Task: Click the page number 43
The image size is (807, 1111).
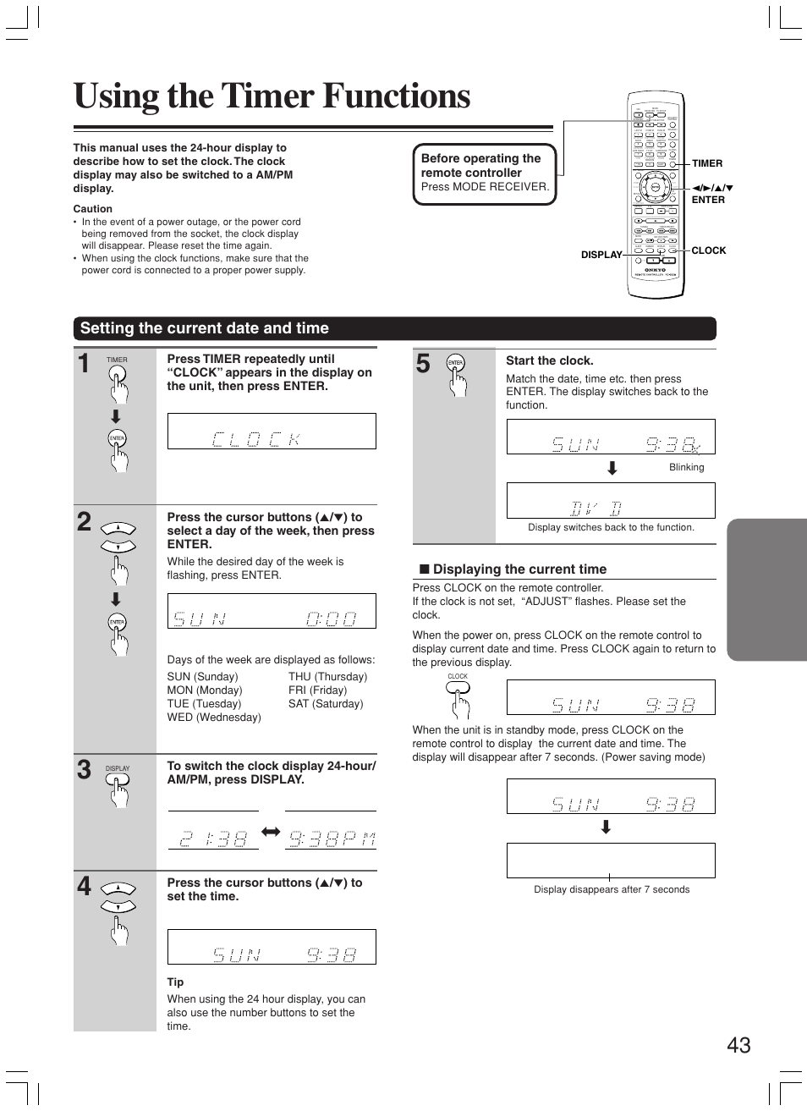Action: pos(738,1045)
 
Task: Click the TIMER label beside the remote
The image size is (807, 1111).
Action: pos(706,163)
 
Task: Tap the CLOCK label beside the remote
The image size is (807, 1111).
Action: pos(708,250)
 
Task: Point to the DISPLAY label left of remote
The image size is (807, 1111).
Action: pos(601,255)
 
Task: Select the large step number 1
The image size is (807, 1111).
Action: pos(84,364)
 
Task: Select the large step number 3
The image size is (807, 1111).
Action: pos(84,769)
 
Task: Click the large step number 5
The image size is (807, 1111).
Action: pos(423,364)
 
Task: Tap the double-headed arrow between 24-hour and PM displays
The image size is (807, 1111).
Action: pos(271,833)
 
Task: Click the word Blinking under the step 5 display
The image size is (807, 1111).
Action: pos(686,467)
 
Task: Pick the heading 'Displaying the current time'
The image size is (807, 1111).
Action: pos(519,569)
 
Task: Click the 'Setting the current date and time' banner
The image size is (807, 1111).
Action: pos(204,328)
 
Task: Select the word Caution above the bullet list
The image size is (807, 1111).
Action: pos(92,209)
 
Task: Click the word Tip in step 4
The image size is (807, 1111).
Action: pos(175,982)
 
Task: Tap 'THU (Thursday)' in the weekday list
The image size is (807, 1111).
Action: pos(327,677)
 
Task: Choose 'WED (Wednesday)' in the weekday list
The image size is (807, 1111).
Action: pos(213,718)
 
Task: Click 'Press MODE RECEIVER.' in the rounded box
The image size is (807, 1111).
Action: pos(485,187)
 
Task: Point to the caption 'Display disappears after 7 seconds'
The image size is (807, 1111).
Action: pos(611,889)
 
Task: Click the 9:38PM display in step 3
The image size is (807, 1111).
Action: pos(332,839)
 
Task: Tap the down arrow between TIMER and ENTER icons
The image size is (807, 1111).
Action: pos(116,416)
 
